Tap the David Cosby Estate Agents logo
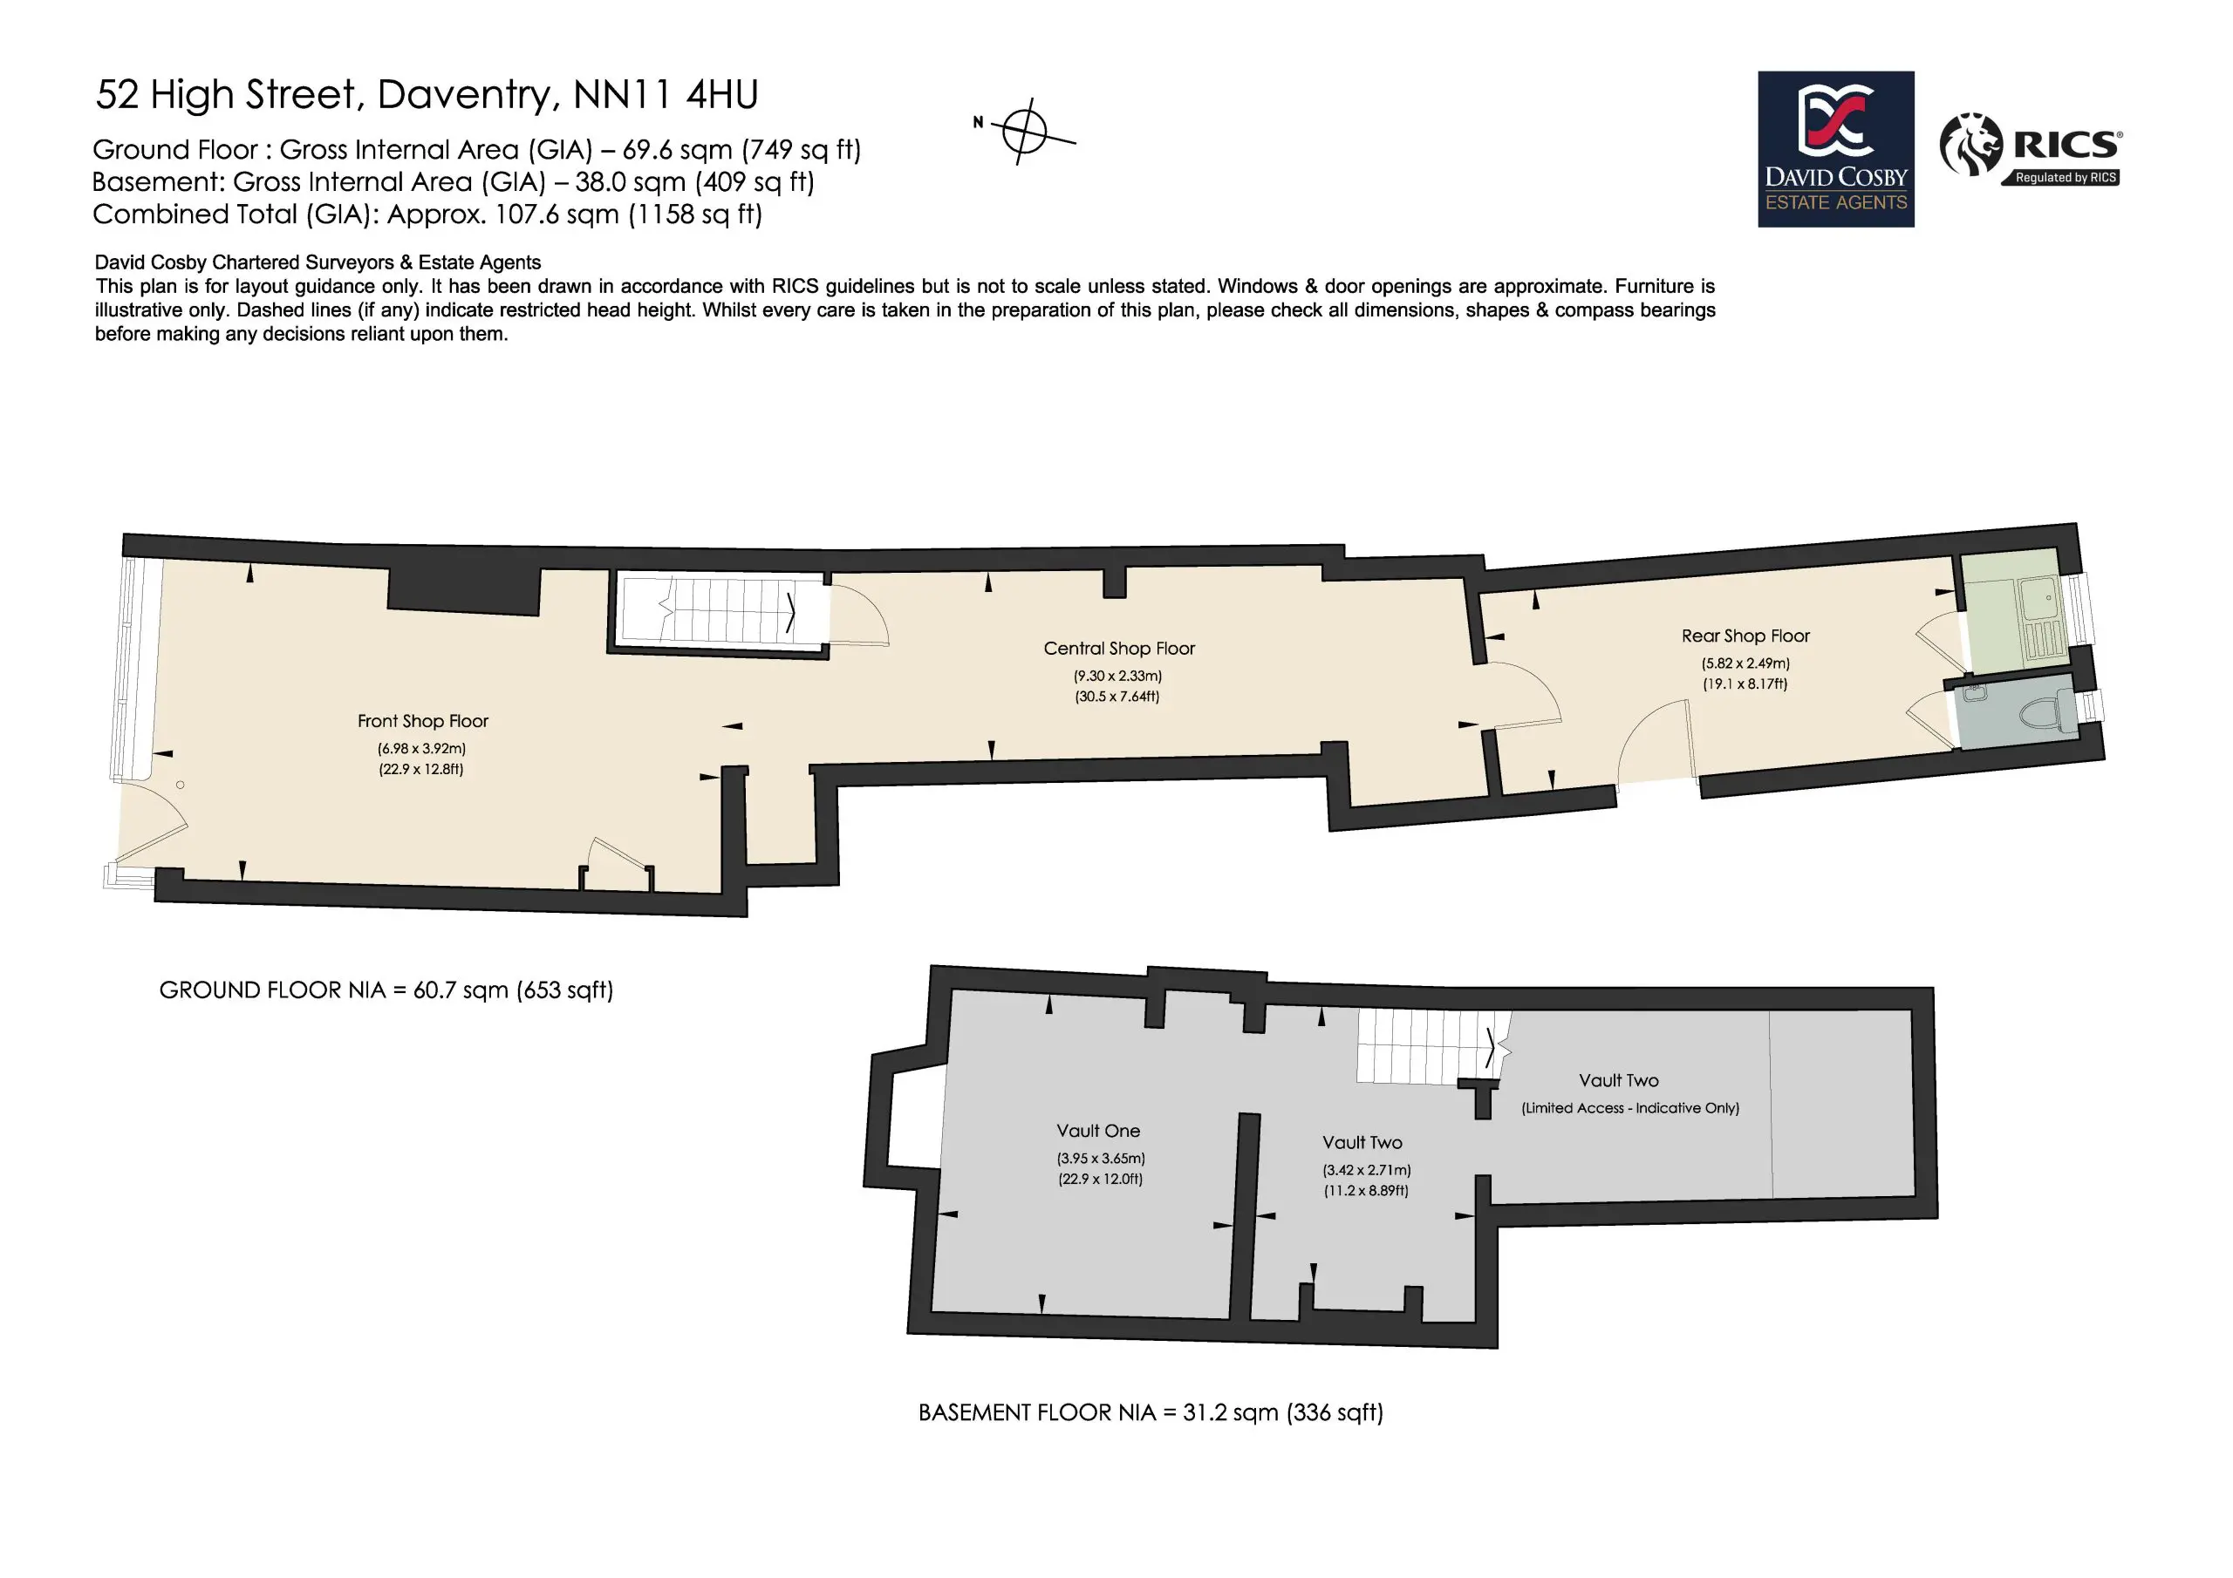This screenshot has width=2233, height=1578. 1835,149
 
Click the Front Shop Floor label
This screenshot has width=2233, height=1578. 423,721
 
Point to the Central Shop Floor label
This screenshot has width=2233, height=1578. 1118,649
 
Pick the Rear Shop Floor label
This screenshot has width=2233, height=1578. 1745,636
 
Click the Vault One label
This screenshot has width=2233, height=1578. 1098,1131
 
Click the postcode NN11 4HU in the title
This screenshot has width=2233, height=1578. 666,94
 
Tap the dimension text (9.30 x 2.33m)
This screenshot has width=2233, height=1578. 1117,676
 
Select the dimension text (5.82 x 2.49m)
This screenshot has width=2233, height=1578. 1745,663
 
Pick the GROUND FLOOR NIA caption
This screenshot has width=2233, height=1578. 386,990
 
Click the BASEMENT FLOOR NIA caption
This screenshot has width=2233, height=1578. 1151,1411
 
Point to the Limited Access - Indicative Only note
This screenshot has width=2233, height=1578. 1630,1108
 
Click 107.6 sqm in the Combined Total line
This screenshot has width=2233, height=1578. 557,214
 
